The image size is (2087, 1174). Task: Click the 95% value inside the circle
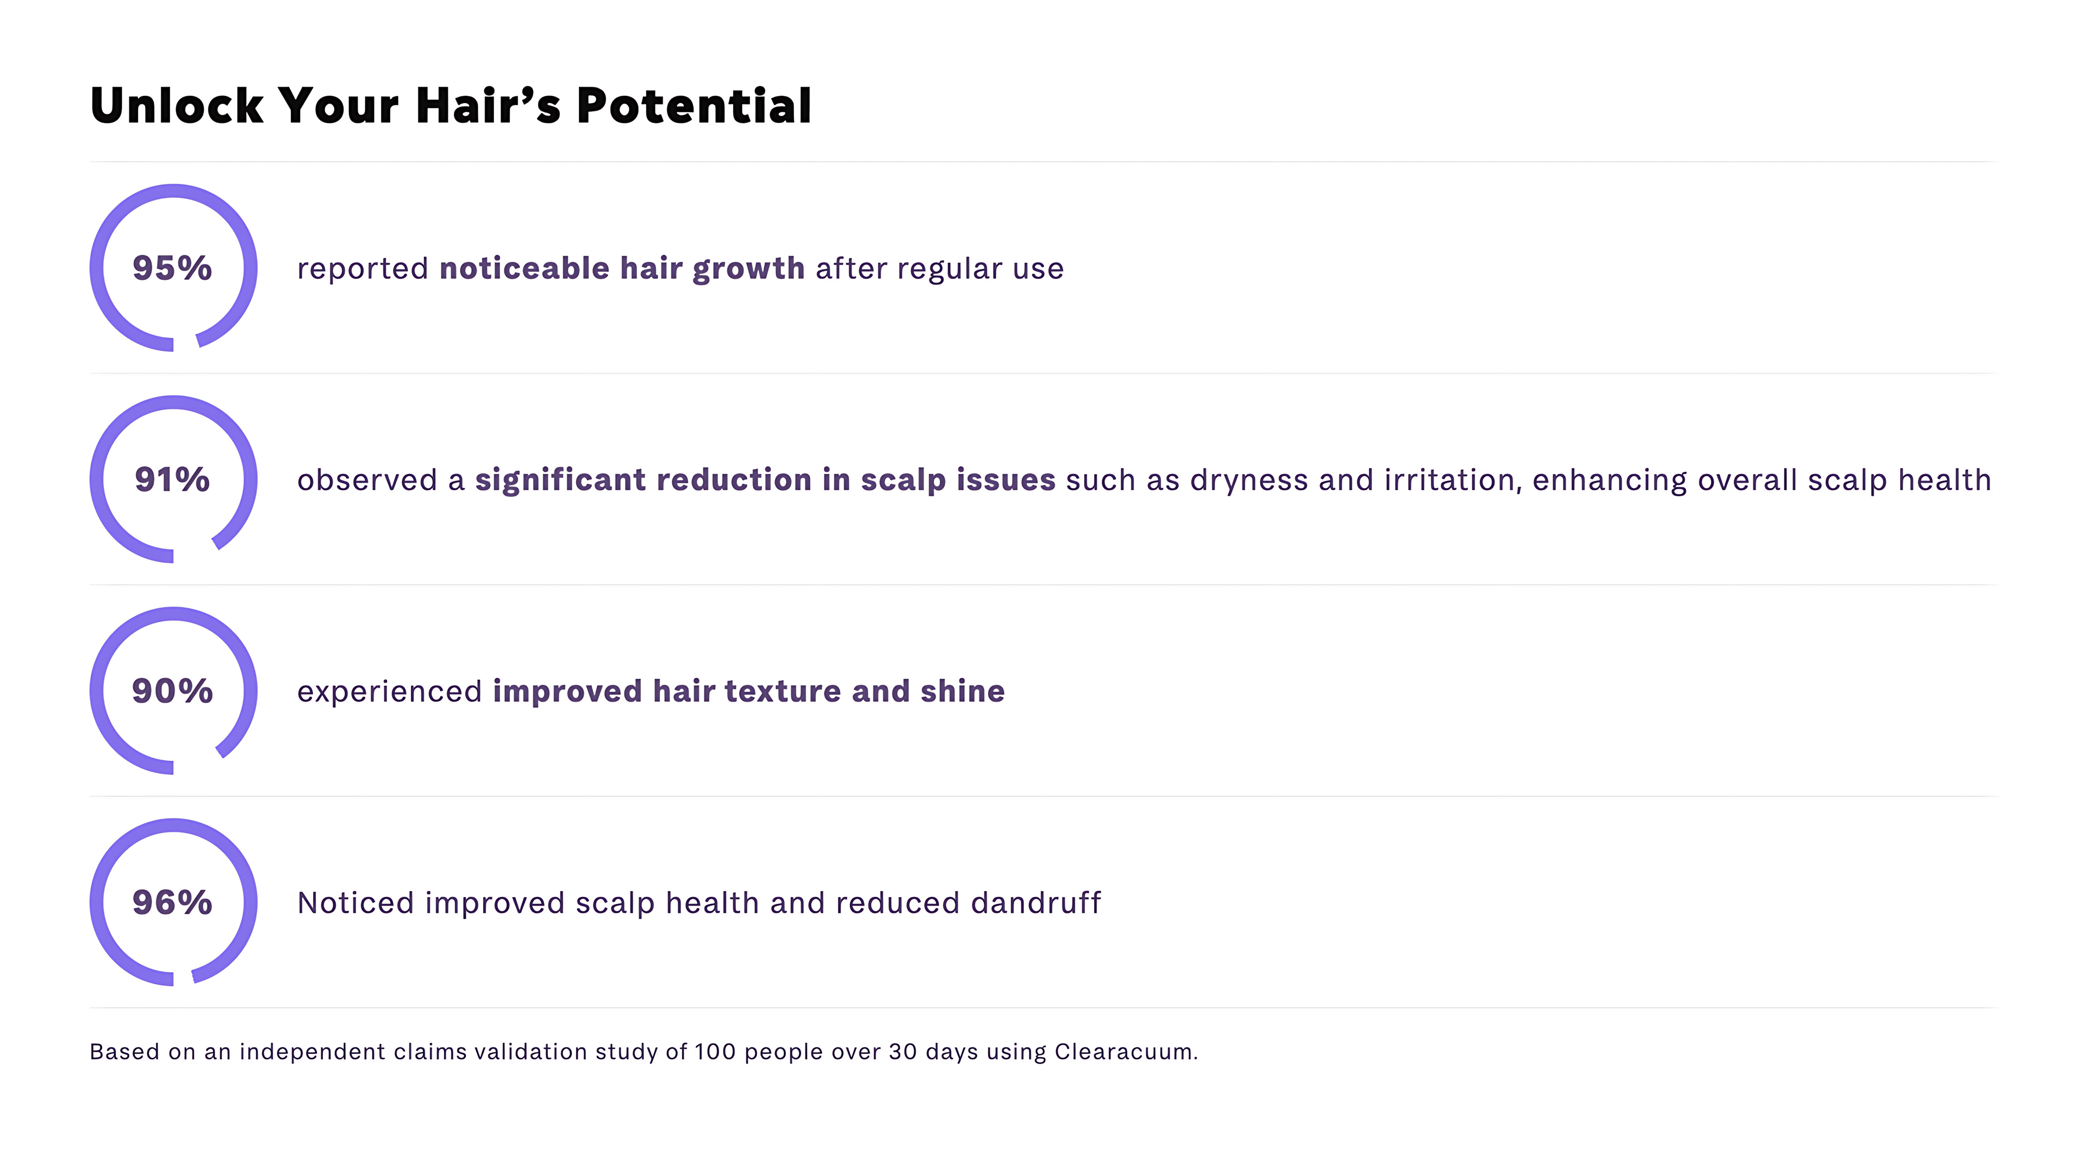[x=172, y=268]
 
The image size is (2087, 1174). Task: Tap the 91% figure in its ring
[x=172, y=479]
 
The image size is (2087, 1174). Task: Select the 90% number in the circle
[x=172, y=691]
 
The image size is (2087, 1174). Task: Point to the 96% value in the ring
[x=172, y=903]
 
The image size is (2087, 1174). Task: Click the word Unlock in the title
[x=177, y=105]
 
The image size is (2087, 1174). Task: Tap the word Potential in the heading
[x=693, y=105]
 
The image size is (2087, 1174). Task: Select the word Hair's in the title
[x=488, y=105]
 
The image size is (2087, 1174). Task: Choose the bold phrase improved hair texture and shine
[x=748, y=691]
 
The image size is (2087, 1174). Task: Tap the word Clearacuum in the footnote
[x=1124, y=1052]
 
